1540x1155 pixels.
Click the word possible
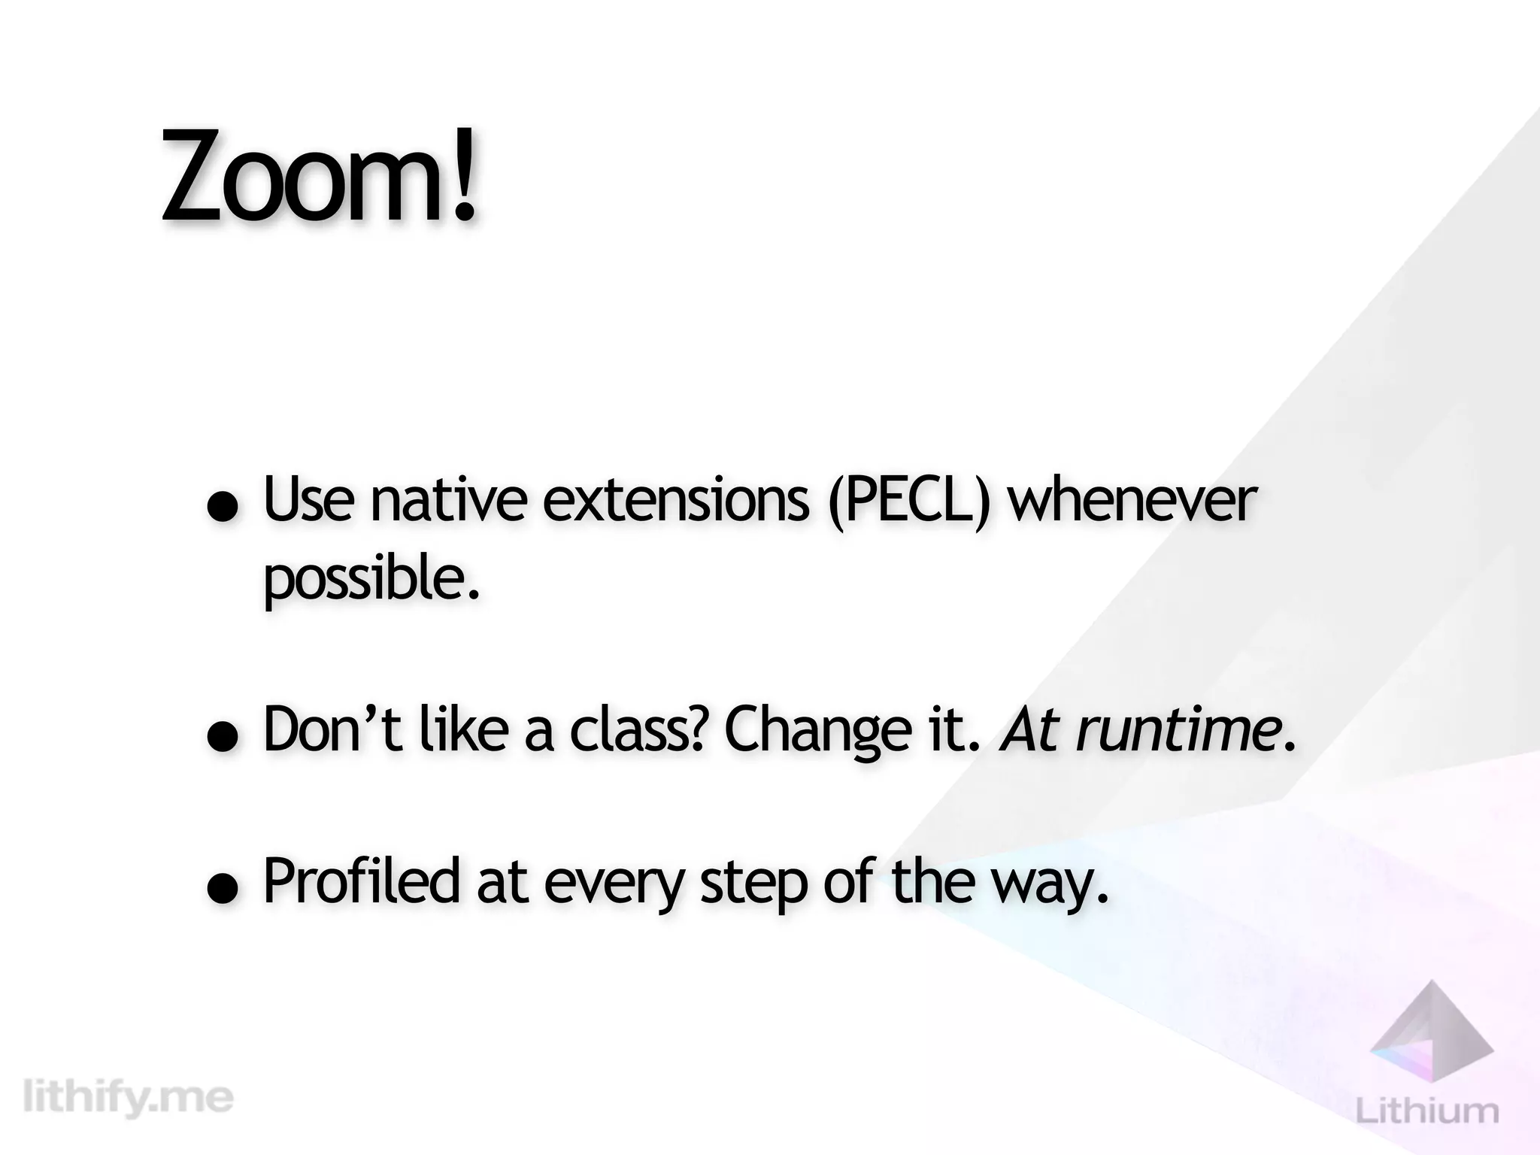(x=371, y=580)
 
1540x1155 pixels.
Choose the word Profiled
(x=361, y=881)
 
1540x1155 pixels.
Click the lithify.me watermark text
(x=129, y=1099)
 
